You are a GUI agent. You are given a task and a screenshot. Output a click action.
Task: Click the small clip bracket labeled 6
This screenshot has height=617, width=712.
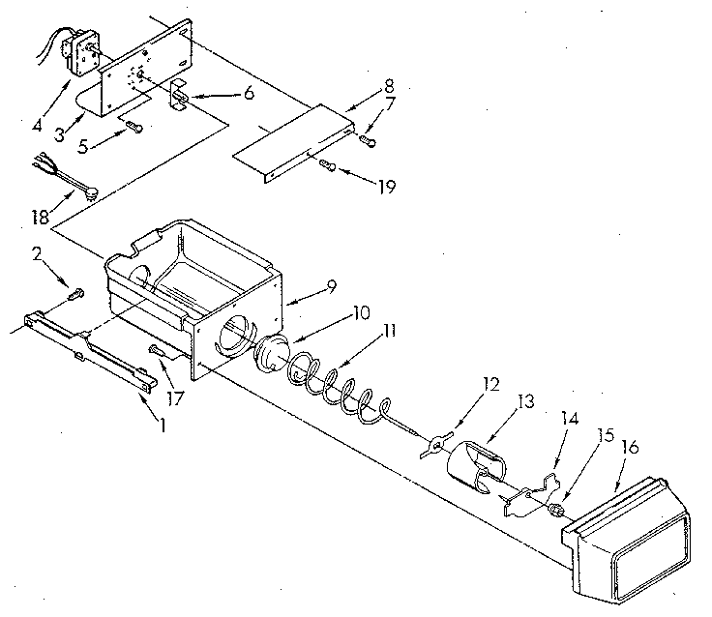181,95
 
